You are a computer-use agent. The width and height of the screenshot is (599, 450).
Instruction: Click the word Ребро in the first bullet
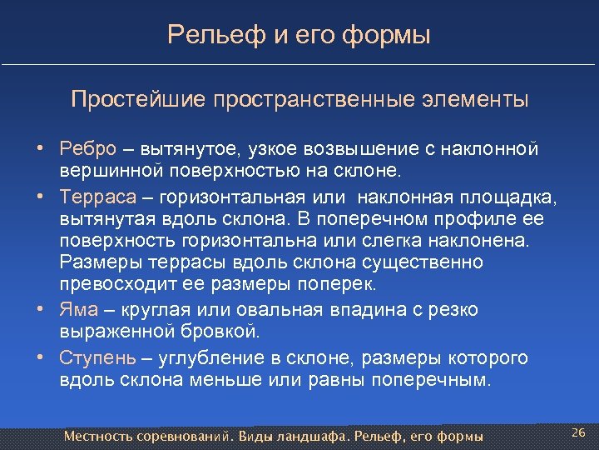(x=87, y=149)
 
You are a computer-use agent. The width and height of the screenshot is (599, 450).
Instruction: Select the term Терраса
(x=92, y=197)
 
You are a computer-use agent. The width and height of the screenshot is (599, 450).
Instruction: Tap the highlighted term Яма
(x=78, y=309)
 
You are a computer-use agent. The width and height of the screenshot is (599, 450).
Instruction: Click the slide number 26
(x=579, y=432)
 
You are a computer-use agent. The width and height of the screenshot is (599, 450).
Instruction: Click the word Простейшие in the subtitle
(x=139, y=100)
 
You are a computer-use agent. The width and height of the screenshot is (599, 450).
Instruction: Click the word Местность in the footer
(x=102, y=437)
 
